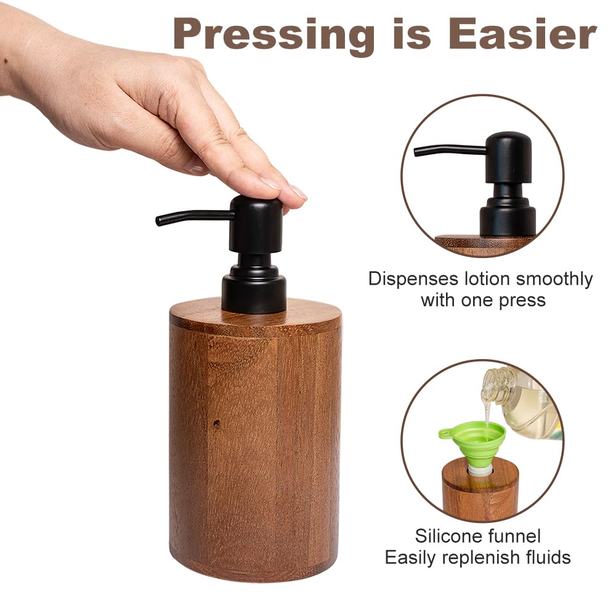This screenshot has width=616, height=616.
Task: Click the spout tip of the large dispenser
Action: (x=158, y=221)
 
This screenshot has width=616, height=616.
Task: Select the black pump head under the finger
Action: (x=256, y=224)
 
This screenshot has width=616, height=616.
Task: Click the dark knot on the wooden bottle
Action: (x=216, y=424)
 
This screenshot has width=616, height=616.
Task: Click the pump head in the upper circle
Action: (x=508, y=157)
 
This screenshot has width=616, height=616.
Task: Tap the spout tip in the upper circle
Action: (x=416, y=152)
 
